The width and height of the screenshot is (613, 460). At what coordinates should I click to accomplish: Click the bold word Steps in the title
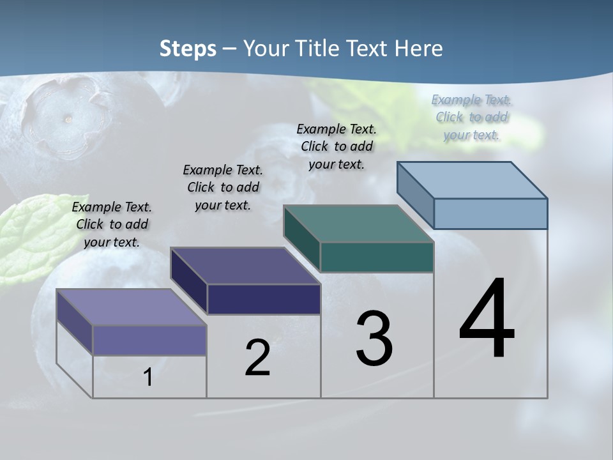tap(188, 49)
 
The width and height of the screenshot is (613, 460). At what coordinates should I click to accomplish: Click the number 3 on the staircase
tap(374, 338)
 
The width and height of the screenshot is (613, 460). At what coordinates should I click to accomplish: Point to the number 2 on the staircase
tap(258, 358)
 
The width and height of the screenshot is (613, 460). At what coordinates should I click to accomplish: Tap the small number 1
tap(148, 377)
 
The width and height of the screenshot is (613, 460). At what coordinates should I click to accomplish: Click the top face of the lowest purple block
tap(131, 307)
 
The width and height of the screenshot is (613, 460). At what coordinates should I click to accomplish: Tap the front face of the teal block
tap(377, 257)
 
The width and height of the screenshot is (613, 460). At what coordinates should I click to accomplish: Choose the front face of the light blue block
tap(490, 213)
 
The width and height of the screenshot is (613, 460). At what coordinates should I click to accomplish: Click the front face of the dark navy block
tap(264, 299)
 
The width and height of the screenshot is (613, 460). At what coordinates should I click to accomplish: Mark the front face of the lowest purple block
tap(149, 340)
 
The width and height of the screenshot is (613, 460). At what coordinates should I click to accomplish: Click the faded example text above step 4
tap(471, 117)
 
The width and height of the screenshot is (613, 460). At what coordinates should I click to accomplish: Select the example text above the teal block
tap(337, 146)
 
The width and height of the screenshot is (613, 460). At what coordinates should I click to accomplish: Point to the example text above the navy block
tap(223, 187)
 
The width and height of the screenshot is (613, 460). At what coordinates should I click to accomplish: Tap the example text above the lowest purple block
tap(112, 224)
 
